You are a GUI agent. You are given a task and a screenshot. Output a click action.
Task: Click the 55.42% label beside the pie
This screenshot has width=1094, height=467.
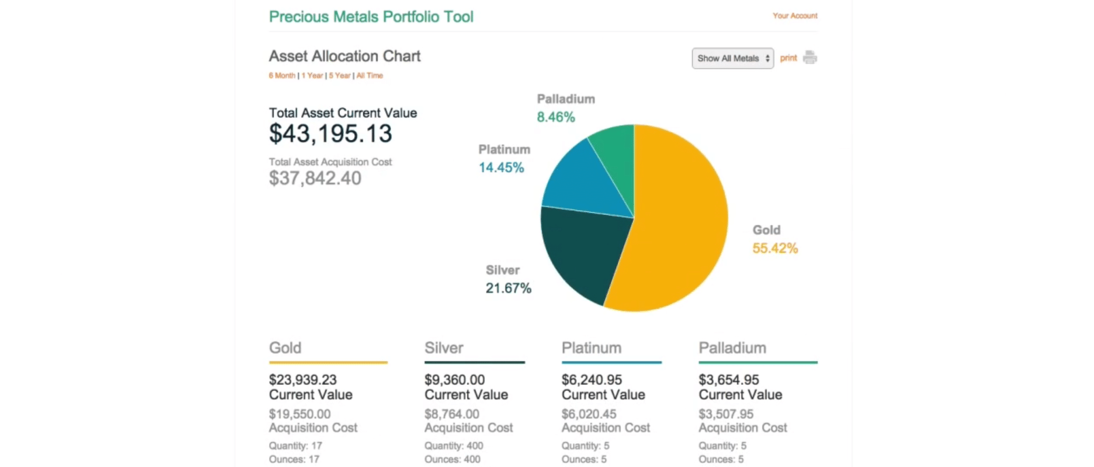click(775, 249)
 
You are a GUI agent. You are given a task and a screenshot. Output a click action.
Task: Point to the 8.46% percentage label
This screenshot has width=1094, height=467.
click(555, 117)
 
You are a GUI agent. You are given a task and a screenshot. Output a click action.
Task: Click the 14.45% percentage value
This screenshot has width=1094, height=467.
click(501, 168)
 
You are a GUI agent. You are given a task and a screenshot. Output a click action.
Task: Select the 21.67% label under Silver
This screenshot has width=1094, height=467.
click(508, 288)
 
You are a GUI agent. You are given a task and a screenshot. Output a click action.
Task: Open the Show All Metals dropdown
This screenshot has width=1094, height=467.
click(732, 58)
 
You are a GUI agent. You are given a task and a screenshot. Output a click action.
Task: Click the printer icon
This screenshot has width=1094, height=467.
click(810, 58)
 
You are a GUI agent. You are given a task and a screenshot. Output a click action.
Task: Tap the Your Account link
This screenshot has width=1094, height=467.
click(795, 16)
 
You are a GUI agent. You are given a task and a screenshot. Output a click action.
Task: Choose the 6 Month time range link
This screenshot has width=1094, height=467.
click(282, 76)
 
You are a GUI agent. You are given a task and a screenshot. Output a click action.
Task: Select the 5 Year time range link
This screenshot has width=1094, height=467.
click(340, 76)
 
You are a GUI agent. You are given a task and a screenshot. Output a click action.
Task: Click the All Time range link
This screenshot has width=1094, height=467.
click(370, 76)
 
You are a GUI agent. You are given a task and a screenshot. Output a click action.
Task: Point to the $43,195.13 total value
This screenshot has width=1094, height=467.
click(330, 134)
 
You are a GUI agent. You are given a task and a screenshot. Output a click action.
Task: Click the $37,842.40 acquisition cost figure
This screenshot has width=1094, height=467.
click(315, 179)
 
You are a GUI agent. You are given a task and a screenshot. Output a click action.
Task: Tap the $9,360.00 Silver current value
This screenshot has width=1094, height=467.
click(454, 380)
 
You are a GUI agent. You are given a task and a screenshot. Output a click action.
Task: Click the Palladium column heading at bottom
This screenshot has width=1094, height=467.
click(732, 348)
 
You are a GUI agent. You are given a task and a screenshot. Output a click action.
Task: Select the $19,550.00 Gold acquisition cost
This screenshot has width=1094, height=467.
click(300, 414)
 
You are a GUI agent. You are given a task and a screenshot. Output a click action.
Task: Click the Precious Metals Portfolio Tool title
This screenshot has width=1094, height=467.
click(371, 17)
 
